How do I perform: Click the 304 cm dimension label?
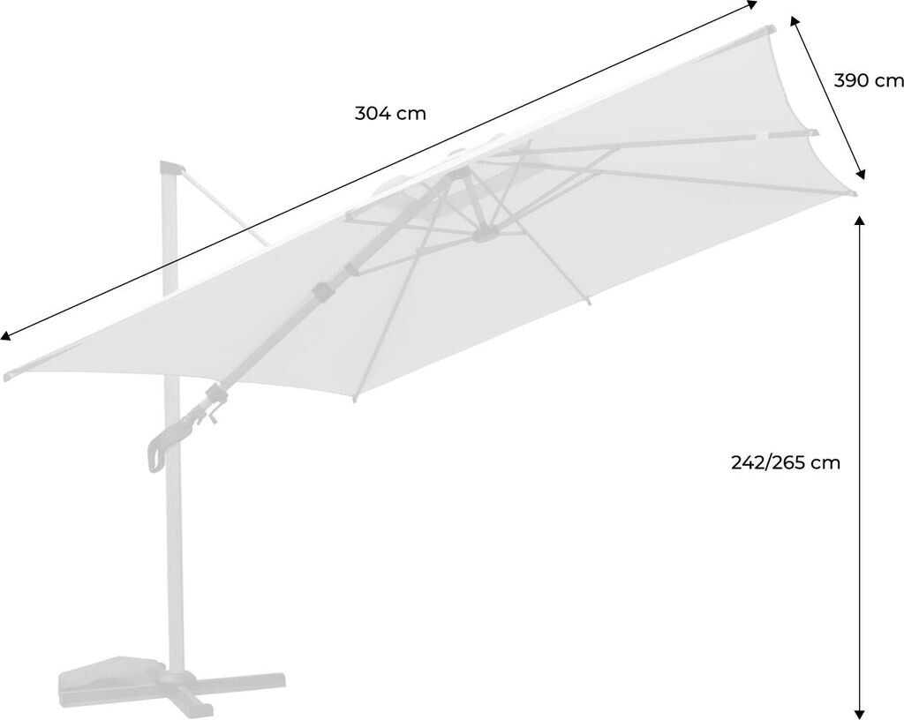point(390,114)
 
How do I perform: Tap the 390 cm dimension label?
point(869,80)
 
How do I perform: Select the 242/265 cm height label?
point(785,462)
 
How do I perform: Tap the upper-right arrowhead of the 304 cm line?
point(752,4)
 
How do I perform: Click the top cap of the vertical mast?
point(170,168)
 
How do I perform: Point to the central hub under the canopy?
point(485,234)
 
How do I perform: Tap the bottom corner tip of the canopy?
point(355,400)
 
